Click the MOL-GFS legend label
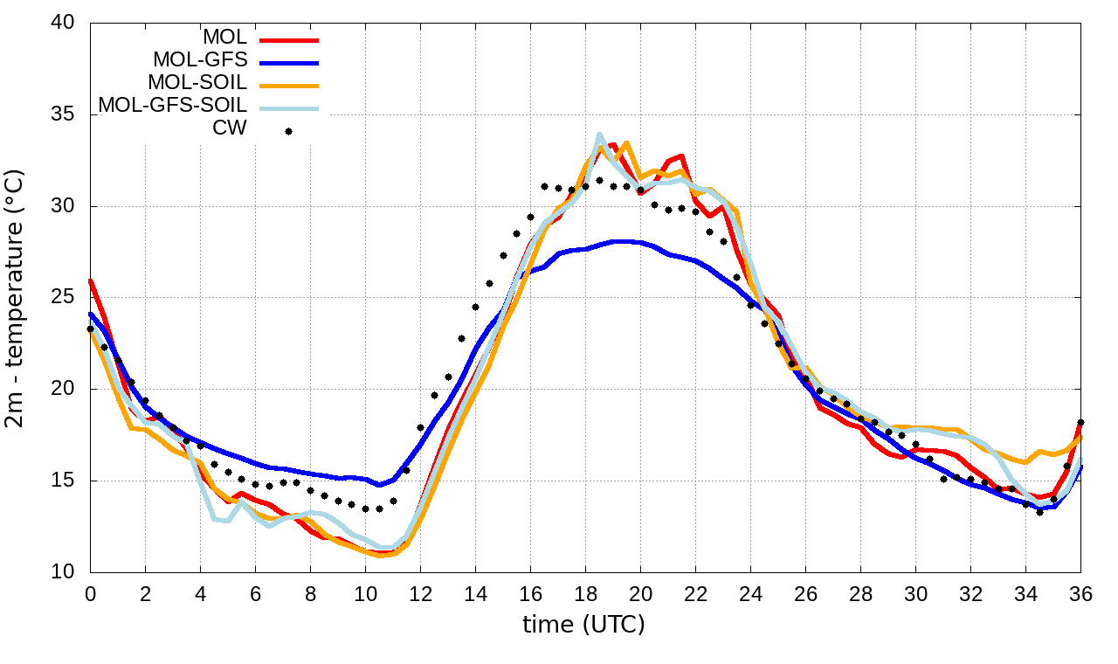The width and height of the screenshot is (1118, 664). (x=200, y=60)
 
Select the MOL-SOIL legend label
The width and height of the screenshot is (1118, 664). (x=197, y=83)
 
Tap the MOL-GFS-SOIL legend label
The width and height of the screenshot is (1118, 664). (x=172, y=106)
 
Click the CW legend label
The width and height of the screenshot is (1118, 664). (x=230, y=128)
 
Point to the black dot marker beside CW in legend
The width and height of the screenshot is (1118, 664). (x=288, y=131)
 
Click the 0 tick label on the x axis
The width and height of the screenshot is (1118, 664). (x=90, y=594)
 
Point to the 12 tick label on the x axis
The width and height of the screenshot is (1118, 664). (x=420, y=594)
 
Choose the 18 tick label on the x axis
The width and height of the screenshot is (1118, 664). (x=585, y=594)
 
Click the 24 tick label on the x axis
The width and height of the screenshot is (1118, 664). (x=750, y=594)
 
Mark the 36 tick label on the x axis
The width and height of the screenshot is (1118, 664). (x=1080, y=594)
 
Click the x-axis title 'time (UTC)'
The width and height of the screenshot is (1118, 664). (x=583, y=625)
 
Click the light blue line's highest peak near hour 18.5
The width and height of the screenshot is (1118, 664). (x=599, y=135)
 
